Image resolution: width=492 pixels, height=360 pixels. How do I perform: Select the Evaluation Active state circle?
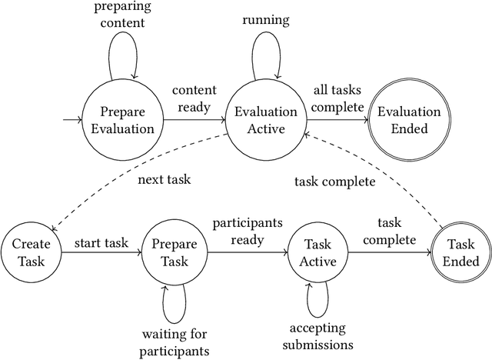[x=265, y=120]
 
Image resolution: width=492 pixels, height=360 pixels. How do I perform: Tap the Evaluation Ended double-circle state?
[x=408, y=120]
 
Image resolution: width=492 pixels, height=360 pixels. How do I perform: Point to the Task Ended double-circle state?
[x=460, y=252]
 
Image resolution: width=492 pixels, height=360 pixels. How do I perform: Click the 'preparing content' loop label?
[x=123, y=15]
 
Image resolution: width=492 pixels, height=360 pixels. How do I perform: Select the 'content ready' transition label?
[x=194, y=98]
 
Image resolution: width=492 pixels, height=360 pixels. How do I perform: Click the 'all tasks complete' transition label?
[x=337, y=98]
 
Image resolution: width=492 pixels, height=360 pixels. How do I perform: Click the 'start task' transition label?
[x=100, y=244]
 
